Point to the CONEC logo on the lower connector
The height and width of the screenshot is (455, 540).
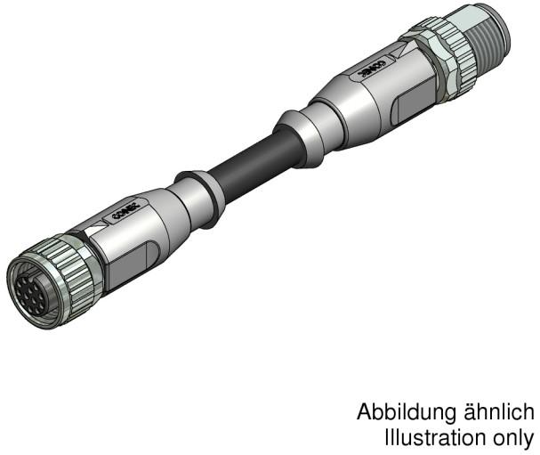(123, 211)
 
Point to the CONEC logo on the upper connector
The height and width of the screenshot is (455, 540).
(367, 71)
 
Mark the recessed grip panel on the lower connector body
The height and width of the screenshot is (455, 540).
(133, 257)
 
